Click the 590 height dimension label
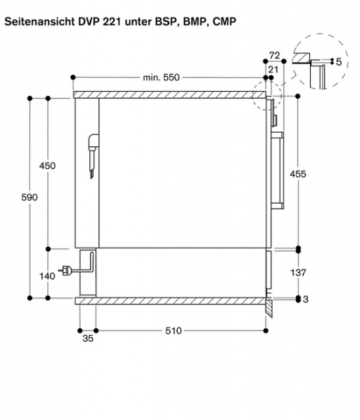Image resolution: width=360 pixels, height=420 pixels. [30, 198]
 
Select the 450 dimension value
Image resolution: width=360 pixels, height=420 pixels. [47, 166]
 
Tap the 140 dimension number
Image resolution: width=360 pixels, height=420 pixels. [47, 276]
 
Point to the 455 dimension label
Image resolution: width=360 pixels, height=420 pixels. [298, 174]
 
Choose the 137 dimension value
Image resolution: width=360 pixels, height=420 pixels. [298, 273]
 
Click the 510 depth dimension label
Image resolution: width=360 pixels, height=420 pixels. [173, 331]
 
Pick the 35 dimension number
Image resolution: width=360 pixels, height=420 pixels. [88, 339]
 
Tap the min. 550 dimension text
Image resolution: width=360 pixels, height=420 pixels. [161, 77]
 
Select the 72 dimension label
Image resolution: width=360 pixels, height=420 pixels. [275, 55]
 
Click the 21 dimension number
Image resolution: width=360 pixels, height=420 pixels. [273, 70]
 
